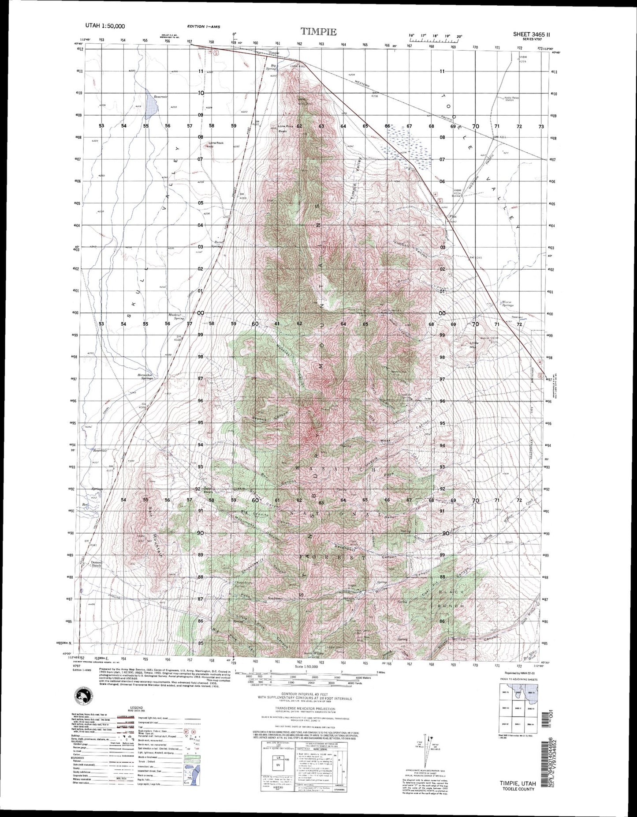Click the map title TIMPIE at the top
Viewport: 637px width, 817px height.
[318, 32]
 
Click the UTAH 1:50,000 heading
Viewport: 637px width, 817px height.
[105, 26]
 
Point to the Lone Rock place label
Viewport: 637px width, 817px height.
[216, 143]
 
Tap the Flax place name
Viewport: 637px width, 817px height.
[453, 217]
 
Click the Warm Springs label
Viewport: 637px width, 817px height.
[508, 304]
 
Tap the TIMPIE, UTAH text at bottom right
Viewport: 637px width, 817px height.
[518, 783]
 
